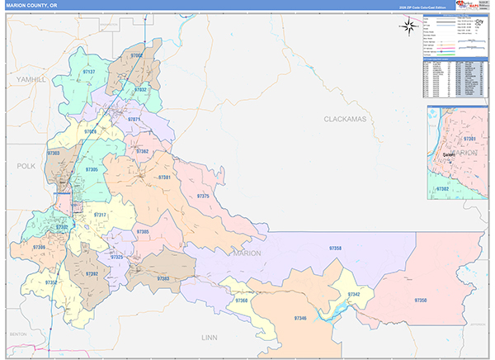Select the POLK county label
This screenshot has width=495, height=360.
pos(26,166)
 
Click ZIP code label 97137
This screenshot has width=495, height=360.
pos(89,72)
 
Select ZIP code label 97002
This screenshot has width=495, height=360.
pos(137,56)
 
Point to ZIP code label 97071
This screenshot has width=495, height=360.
pos(134,120)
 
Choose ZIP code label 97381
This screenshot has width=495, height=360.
pos(164,178)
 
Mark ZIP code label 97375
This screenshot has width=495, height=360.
pos(203,196)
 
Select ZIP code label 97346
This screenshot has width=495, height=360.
pos(300,318)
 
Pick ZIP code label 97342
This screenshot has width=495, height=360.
pos(354,295)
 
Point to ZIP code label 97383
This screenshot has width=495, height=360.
pos(163,279)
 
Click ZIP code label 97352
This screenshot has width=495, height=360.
pos(50,282)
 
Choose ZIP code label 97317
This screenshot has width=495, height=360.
pos(100,215)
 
